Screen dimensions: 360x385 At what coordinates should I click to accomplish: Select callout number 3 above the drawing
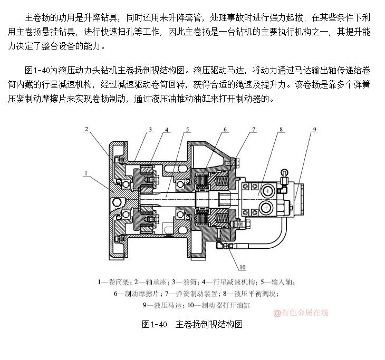click(x=150, y=129)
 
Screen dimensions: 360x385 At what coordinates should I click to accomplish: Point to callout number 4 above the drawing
click(x=167, y=129)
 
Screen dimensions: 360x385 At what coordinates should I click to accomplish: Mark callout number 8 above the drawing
click(x=281, y=129)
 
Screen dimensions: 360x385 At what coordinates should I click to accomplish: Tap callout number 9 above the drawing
click(x=314, y=129)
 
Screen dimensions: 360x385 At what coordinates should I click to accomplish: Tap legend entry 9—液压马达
click(x=162, y=305)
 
